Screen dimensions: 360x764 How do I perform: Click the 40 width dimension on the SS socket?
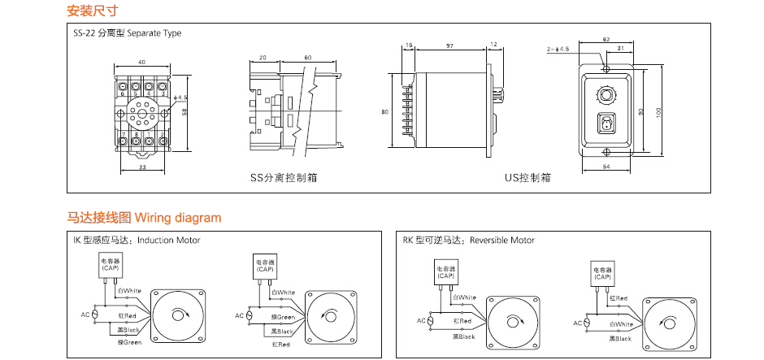[x=141, y=63]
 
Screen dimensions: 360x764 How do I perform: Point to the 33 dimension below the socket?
[x=141, y=167]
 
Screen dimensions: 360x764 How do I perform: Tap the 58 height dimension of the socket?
[x=186, y=113]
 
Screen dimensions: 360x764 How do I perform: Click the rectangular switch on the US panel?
[x=606, y=124]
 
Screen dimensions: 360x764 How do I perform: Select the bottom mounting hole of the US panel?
[x=606, y=152]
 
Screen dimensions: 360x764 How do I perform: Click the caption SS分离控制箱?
[x=284, y=176]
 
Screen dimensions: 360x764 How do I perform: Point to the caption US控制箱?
[x=527, y=176]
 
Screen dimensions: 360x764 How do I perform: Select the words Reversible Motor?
[x=502, y=241]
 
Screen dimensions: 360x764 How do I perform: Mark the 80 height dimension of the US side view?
[x=386, y=111]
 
